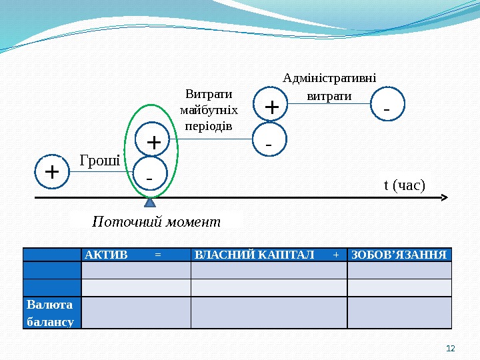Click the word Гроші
pos(100,160)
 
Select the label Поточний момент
pos(156,221)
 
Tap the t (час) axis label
pos(404,184)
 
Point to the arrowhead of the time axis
pos(445,198)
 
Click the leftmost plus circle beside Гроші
pos(51,172)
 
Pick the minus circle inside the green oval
pos(149,177)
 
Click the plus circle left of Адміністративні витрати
pos(271,107)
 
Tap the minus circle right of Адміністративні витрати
pos(387,106)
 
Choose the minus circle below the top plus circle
pos(269,142)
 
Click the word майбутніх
pos(209,110)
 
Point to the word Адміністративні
pos(329,79)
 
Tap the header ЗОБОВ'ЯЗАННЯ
pos(399,255)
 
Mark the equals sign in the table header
pos(157,255)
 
